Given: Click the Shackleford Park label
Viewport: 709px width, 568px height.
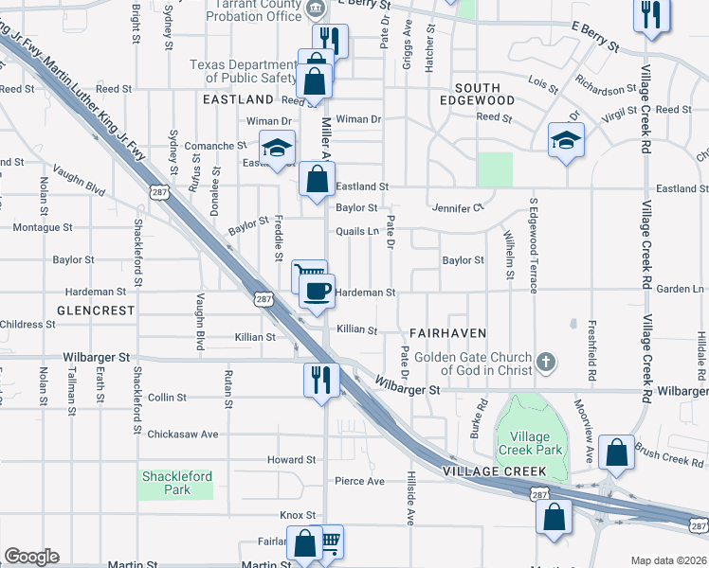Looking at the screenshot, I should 176,483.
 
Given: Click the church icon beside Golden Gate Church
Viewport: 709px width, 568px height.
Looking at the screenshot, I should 545,362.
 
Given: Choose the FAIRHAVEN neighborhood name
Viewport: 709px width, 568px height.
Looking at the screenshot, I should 448,333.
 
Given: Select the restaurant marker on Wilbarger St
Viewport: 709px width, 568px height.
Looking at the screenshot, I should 320,380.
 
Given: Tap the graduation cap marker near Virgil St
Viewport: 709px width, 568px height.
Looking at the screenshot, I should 566,141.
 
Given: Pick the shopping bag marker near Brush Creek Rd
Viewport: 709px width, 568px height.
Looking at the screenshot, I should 617,455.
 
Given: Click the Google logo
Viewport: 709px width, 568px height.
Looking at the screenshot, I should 31,557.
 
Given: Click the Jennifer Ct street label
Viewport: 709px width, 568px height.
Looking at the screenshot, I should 458,207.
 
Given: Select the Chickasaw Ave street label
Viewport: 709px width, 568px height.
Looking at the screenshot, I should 183,435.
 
